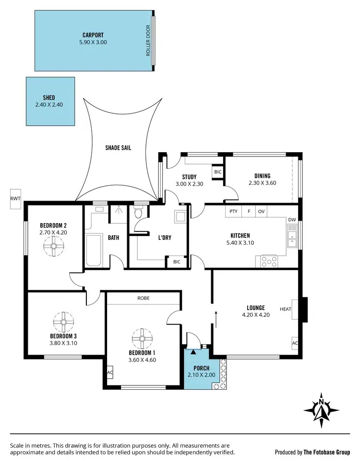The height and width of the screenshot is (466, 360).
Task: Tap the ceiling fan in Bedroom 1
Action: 142,338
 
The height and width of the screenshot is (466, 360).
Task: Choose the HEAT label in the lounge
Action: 286,309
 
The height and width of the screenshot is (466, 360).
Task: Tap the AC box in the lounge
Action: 295,343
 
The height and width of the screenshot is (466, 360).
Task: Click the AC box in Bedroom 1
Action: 110,372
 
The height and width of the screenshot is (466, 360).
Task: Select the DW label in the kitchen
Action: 292,220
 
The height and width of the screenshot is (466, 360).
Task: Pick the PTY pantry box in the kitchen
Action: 233,211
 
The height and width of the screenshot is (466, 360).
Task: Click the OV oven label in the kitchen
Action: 261,211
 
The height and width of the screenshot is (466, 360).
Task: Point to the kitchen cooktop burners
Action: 269,261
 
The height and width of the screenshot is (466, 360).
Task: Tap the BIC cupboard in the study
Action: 218,172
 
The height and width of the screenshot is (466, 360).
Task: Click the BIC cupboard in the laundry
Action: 177,262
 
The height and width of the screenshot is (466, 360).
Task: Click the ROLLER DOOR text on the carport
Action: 148,40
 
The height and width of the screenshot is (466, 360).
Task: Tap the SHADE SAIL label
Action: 118,148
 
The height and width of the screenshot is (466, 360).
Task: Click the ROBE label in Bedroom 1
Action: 143,298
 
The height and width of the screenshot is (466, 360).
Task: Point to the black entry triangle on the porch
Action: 193,352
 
